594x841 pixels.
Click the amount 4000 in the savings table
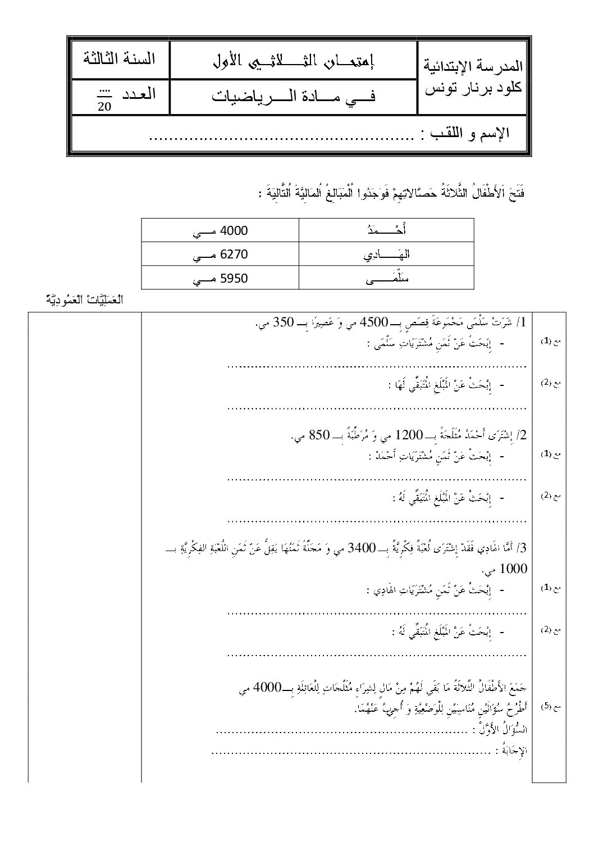235,231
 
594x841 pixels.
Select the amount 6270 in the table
235,254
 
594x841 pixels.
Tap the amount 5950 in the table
235,278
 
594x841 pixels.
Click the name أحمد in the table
396,231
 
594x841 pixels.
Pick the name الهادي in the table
395,254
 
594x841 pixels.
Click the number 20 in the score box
104,107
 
